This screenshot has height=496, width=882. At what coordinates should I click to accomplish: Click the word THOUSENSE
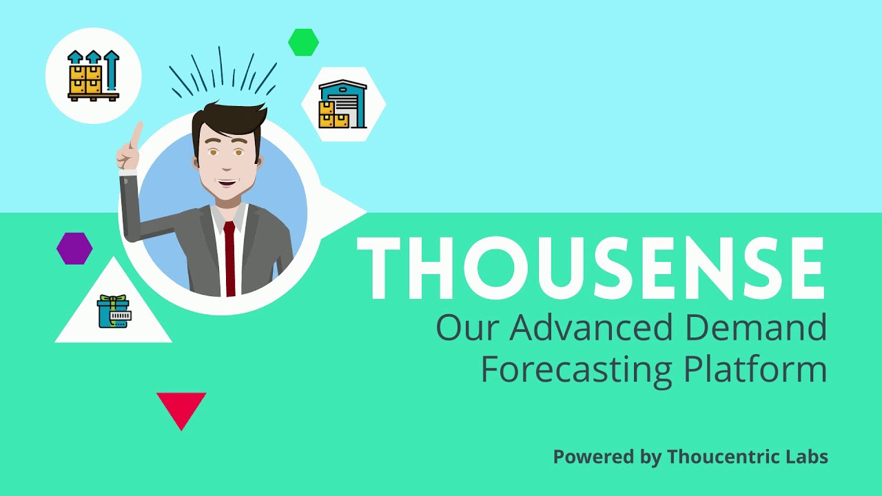click(591, 269)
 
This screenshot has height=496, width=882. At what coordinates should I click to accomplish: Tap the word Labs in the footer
click(809, 457)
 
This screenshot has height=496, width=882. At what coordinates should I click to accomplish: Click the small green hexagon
click(303, 42)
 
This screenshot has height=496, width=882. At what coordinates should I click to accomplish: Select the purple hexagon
click(74, 249)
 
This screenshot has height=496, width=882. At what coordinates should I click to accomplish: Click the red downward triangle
click(181, 406)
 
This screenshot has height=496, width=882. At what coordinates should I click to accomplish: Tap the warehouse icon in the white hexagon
click(342, 105)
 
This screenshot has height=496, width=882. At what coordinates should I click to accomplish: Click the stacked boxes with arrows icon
click(93, 75)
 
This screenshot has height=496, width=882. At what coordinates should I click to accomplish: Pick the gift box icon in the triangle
click(114, 312)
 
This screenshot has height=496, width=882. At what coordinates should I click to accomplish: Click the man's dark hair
click(227, 118)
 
